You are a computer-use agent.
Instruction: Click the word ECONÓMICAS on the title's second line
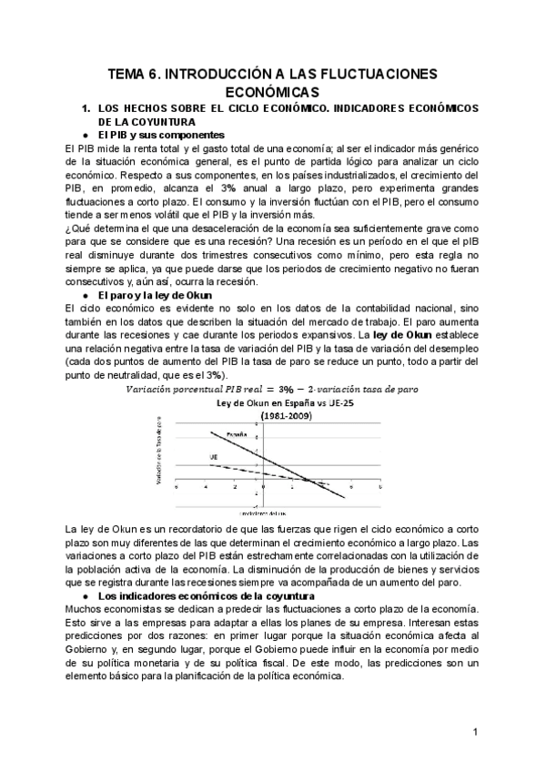pyautogui.click(x=272, y=92)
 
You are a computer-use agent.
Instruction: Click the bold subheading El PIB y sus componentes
pyautogui.click(x=157, y=135)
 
